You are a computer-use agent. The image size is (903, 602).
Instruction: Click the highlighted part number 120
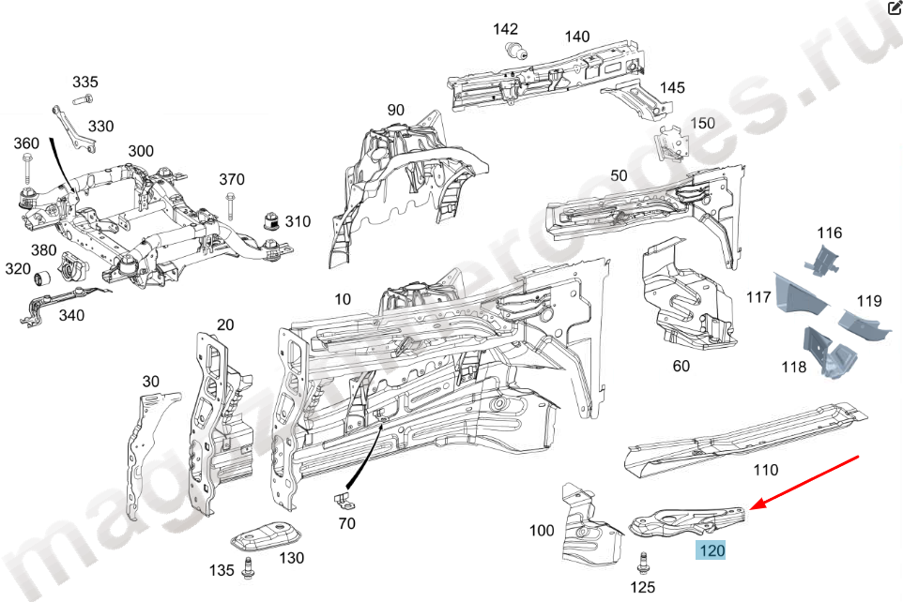pos(712,551)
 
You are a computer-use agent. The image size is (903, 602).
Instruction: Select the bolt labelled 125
pos(643,564)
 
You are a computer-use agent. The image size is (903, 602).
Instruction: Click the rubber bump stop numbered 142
pos(514,51)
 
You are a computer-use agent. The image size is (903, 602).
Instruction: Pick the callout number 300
pos(141,151)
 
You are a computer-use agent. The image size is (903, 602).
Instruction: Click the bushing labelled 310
pos(270,222)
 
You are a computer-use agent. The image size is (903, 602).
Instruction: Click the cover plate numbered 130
pos(266,537)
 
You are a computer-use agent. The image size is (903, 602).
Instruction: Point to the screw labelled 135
pos(250,566)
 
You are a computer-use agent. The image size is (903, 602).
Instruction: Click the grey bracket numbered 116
pos(823,260)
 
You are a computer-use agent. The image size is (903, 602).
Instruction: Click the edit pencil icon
pos(894,8)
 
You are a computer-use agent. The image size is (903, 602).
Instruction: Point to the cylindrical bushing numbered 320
pos(41,278)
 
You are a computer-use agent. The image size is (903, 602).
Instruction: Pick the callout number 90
pos(395,110)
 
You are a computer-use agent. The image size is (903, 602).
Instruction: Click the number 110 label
pos(766,470)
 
